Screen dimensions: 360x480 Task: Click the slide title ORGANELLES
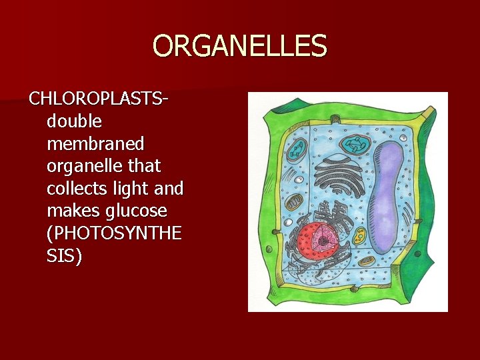click(x=240, y=46)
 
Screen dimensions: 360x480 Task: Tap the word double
click(x=74, y=121)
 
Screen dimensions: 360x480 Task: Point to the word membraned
click(x=96, y=143)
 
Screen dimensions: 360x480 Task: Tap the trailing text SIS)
click(x=65, y=256)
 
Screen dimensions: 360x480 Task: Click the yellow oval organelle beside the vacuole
click(x=359, y=235)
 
